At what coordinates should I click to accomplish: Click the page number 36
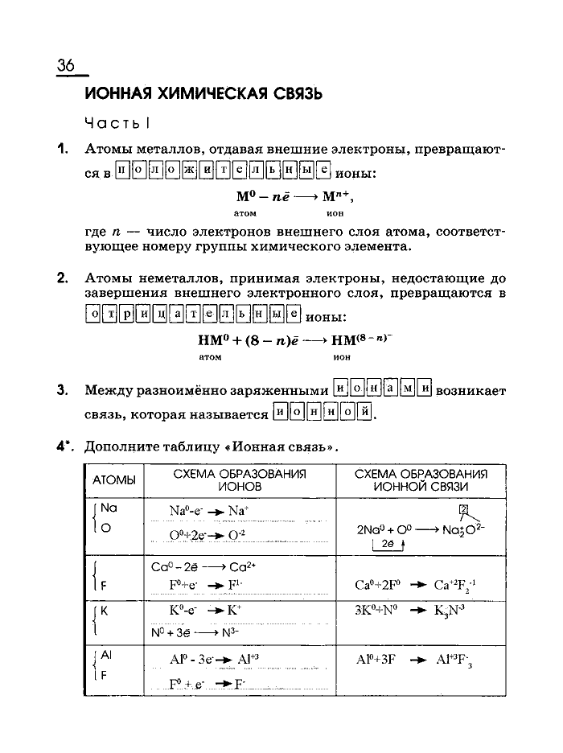pyautogui.click(x=66, y=66)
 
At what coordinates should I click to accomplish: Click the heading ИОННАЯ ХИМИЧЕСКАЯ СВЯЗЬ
pyautogui.click(x=203, y=94)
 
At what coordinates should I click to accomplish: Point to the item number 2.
pyautogui.click(x=61, y=278)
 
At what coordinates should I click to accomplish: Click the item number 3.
pyautogui.click(x=61, y=391)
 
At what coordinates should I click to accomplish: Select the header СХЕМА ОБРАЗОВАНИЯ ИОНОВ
pyautogui.click(x=239, y=480)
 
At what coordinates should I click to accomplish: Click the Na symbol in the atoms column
pyautogui.click(x=109, y=508)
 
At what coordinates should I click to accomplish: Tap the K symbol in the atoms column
pyautogui.click(x=104, y=610)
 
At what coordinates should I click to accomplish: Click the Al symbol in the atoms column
pyautogui.click(x=106, y=656)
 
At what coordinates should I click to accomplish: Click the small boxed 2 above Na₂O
pyautogui.click(x=462, y=509)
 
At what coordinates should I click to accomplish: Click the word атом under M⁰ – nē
pyautogui.click(x=245, y=214)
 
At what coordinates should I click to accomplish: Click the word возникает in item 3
pyautogui.click(x=471, y=391)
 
